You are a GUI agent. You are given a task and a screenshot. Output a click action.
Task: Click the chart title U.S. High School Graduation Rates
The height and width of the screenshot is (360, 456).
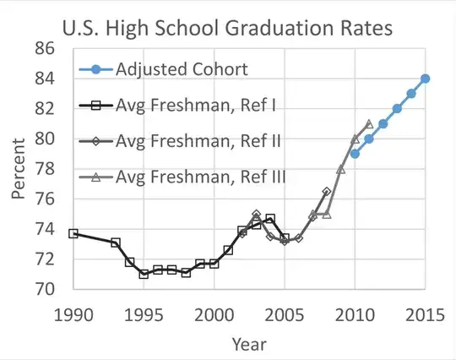point(228,28)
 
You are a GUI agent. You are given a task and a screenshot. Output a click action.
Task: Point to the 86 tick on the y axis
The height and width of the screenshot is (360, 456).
point(44,48)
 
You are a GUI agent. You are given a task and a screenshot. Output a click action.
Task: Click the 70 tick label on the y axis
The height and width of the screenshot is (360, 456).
point(44,289)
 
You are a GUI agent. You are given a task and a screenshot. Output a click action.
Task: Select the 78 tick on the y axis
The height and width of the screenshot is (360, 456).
point(44,168)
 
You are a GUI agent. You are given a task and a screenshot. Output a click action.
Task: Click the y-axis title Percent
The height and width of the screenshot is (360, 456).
point(19,169)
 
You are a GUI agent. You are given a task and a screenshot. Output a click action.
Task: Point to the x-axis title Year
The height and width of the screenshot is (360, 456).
point(249,344)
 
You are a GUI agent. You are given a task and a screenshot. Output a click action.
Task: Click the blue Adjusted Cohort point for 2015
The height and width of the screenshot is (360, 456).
point(426,79)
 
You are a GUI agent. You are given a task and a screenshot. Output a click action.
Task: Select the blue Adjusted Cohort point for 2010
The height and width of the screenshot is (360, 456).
point(355,154)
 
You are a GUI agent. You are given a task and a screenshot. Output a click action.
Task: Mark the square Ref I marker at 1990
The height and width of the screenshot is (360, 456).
point(73,233)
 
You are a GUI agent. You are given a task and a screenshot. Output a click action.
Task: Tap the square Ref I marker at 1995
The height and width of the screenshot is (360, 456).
point(144,274)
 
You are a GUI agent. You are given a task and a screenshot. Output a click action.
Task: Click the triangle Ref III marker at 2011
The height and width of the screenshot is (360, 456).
point(369,123)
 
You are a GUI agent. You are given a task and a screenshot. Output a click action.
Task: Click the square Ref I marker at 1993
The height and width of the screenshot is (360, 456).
point(116,243)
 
